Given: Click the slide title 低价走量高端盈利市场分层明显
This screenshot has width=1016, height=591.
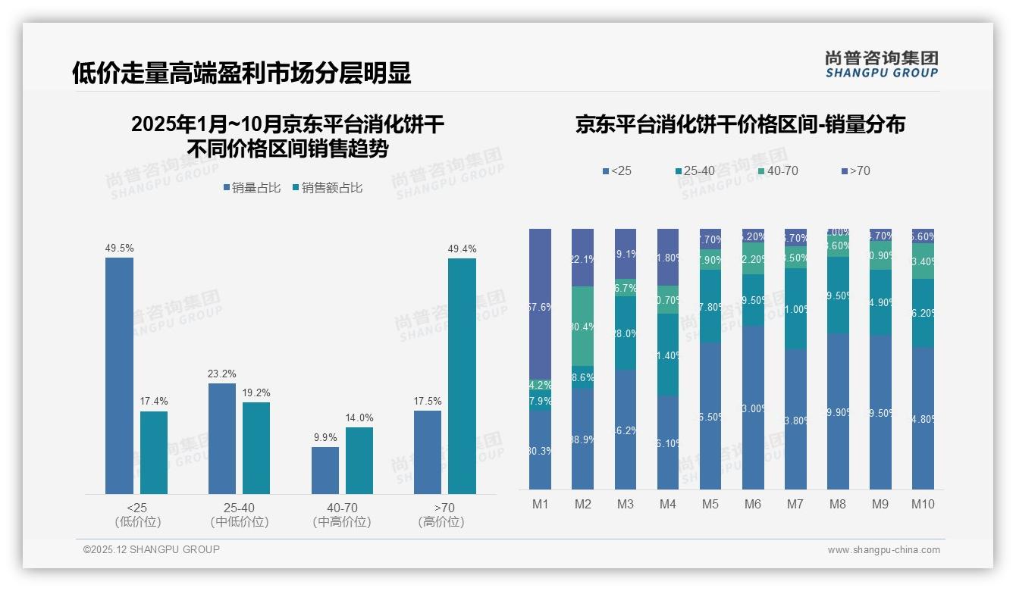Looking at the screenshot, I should pyautogui.click(x=241, y=73).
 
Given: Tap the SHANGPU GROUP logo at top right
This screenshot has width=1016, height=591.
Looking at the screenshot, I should pyautogui.click(x=881, y=64).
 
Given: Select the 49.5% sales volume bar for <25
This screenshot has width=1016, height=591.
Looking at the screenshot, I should pyautogui.click(x=119, y=375).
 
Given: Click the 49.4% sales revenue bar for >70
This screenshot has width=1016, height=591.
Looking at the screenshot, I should pyautogui.click(x=462, y=375).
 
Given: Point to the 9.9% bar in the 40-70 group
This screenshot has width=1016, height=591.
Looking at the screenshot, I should pyautogui.click(x=325, y=470).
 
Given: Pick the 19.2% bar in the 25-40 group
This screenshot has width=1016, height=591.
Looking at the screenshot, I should pyautogui.click(x=256, y=447).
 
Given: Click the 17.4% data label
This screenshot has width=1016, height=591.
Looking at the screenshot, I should pyautogui.click(x=154, y=401).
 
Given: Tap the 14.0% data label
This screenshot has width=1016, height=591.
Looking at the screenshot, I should pyautogui.click(x=359, y=417).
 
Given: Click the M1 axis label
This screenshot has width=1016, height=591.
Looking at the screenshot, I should pyautogui.click(x=540, y=504).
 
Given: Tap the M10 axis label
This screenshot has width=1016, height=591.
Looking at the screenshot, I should pyautogui.click(x=923, y=504).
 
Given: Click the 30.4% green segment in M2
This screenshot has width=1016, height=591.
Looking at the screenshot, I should pyautogui.click(x=582, y=326).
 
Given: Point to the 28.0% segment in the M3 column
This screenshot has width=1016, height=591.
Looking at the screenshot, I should pyautogui.click(x=625, y=333).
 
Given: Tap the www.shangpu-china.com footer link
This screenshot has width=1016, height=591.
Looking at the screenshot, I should pyautogui.click(x=883, y=550).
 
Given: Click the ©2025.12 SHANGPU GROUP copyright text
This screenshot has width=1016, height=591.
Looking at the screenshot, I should pyautogui.click(x=152, y=550).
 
